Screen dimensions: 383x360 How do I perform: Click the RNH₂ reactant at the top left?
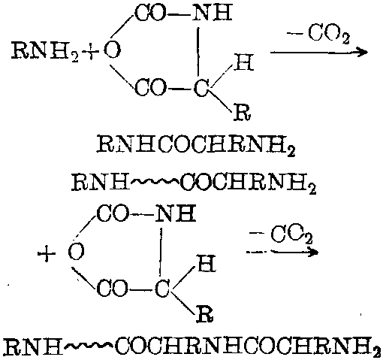click(45, 51)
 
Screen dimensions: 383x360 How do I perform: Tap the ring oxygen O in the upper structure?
click(112, 50)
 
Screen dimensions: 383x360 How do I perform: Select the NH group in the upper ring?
click(213, 13)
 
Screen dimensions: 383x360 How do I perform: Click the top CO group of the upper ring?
click(150, 13)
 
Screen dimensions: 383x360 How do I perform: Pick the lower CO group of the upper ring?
click(150, 88)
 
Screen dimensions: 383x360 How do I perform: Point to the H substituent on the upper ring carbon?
click(244, 62)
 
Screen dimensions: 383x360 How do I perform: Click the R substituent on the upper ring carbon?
click(243, 113)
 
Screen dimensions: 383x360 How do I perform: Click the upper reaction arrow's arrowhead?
click(363, 53)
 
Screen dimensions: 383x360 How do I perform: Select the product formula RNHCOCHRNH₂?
click(196, 145)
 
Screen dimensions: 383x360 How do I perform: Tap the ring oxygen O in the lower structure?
click(77, 252)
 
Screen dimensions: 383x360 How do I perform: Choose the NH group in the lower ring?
click(176, 213)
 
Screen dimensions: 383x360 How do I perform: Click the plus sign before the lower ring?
click(47, 254)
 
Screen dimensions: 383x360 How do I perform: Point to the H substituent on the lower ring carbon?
click(207, 263)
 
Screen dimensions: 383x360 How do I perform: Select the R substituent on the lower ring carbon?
click(205, 313)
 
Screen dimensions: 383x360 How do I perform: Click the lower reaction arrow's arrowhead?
click(312, 251)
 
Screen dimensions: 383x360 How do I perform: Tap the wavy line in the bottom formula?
click(89, 346)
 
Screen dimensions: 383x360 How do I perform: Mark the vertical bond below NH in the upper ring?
click(198, 51)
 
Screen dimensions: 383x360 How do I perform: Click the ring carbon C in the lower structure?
click(162, 289)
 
